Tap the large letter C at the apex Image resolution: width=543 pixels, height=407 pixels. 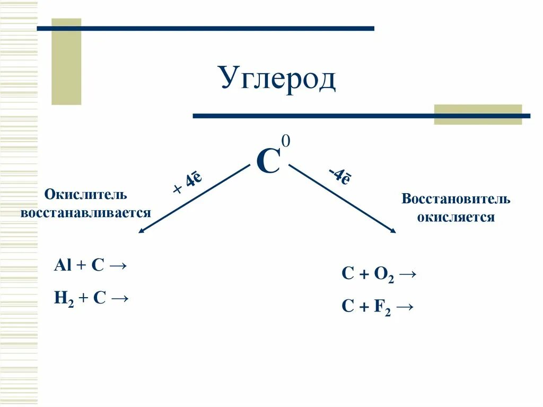(268, 161)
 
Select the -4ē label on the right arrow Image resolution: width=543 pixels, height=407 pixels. (338, 176)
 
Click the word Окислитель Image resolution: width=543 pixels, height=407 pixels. (85, 194)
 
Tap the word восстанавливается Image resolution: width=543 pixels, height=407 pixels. (85, 213)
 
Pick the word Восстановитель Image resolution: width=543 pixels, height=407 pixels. (456, 200)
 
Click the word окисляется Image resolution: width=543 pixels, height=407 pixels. (456, 218)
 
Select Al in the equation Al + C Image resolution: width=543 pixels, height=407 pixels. (62, 265)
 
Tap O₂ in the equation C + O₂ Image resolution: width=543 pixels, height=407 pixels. (383, 274)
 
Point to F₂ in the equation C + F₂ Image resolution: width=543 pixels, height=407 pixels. (382, 308)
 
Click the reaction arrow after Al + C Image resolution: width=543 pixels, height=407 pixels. (119, 265)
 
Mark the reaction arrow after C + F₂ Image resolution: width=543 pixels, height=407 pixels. (406, 307)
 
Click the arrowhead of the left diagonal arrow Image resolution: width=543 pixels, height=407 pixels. (141, 231)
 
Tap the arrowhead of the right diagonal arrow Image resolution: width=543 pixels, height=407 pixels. (393, 231)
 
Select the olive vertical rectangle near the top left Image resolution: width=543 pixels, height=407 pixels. (66, 61)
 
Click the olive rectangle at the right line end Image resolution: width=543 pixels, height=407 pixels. (478, 114)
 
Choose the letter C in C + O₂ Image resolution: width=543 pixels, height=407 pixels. (347, 274)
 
